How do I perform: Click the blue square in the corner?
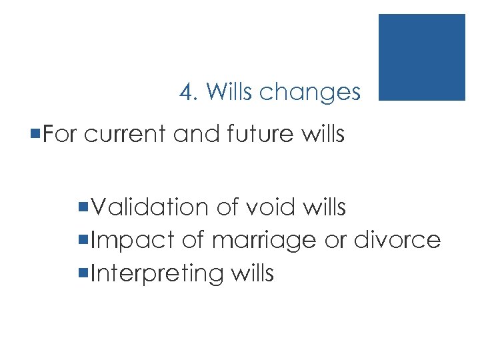coord(421,57)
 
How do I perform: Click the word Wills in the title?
coord(230,92)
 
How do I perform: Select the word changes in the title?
coord(310,93)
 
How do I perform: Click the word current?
coord(127,135)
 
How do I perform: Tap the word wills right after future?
coord(322,135)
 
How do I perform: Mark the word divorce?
coord(398,240)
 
